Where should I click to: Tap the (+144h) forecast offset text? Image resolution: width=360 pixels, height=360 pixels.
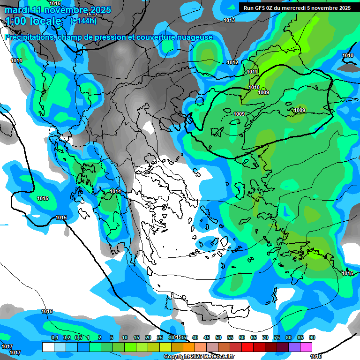tap(83, 21)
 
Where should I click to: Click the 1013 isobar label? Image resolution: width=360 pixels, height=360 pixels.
tap(229, 20)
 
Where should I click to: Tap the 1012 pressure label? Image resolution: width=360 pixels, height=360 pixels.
tap(232, 62)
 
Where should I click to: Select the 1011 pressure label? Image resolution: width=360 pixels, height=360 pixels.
tap(252, 72)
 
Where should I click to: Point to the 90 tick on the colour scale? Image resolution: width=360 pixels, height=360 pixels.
tap(312, 338)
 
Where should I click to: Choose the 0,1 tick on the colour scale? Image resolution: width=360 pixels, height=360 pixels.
tap(54, 338)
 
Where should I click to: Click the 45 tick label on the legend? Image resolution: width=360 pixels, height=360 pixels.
tap(207, 338)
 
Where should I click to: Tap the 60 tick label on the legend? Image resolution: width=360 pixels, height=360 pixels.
tap(242, 338)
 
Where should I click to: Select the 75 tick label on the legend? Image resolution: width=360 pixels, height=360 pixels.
tap(277, 338)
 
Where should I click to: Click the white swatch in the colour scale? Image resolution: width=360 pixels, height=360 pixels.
tap(48, 347)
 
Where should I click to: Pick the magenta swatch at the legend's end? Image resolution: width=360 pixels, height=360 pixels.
tap(306, 347)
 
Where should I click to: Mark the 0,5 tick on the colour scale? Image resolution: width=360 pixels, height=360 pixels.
tap(78, 338)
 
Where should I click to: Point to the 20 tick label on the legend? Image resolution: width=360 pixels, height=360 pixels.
tap(148, 338)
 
